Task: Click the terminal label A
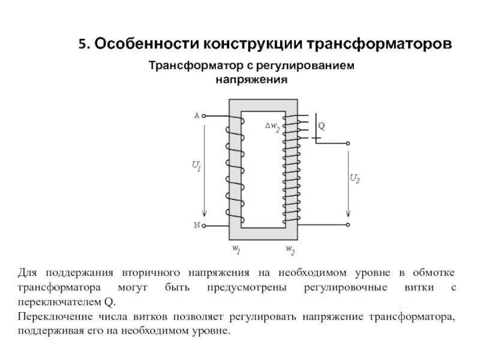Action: (x=197, y=115)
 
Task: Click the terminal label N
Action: (x=197, y=226)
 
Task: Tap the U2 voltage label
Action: (x=355, y=178)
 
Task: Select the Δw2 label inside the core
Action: (x=272, y=127)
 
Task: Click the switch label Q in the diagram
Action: (x=322, y=127)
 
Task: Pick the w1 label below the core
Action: (x=236, y=248)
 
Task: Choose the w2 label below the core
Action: (x=290, y=248)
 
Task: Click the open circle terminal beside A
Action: (x=204, y=116)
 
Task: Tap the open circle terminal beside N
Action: (x=204, y=226)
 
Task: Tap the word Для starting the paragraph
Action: (x=28, y=273)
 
